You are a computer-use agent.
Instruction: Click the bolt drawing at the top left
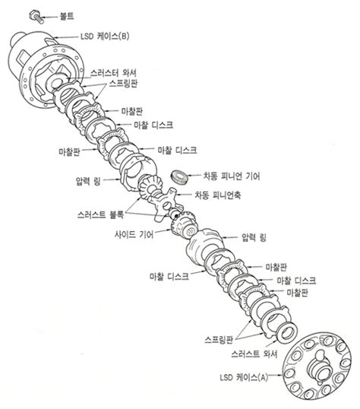[36, 17]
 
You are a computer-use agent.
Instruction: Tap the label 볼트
[67, 17]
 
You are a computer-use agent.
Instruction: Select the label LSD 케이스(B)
[105, 36]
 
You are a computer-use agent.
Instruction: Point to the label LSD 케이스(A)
[244, 377]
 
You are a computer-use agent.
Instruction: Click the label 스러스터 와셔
[113, 73]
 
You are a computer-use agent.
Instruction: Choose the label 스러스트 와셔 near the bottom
[254, 354]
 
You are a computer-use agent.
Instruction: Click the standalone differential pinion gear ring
[179, 177]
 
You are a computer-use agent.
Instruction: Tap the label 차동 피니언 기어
[232, 176]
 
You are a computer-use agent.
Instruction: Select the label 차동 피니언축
[218, 195]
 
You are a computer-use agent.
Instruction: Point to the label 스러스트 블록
[100, 214]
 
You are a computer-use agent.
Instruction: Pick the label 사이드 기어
[134, 234]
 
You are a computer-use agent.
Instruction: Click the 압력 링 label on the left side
[88, 181]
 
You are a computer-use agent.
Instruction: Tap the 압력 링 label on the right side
[254, 237]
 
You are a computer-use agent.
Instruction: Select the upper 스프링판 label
[123, 84]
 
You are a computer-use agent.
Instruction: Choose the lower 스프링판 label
[219, 340]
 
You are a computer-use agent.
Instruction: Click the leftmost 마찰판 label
[69, 151]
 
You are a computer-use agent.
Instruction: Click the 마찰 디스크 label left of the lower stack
[169, 276]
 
